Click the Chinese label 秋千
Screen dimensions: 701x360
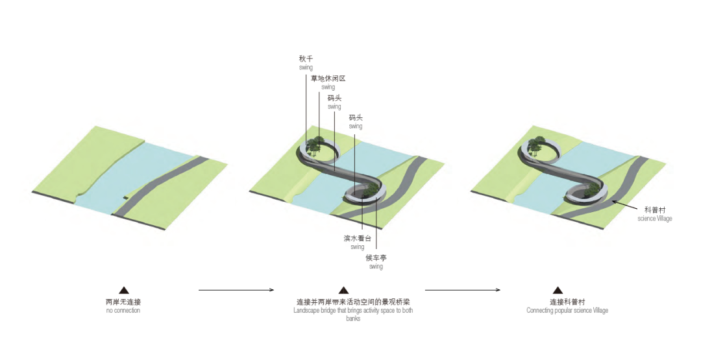[306, 58]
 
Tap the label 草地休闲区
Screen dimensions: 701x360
[328, 78]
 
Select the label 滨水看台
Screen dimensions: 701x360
[357, 238]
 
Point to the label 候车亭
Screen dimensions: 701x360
[375, 258]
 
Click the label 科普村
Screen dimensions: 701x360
[654, 210]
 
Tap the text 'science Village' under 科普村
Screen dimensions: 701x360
[654, 219]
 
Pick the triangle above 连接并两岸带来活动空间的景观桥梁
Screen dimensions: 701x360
[344, 291]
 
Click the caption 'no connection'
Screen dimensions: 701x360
[123, 311]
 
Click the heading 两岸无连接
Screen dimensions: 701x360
[123, 302]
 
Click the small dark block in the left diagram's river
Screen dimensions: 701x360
[125, 197]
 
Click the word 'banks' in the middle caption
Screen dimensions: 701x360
[353, 318]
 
